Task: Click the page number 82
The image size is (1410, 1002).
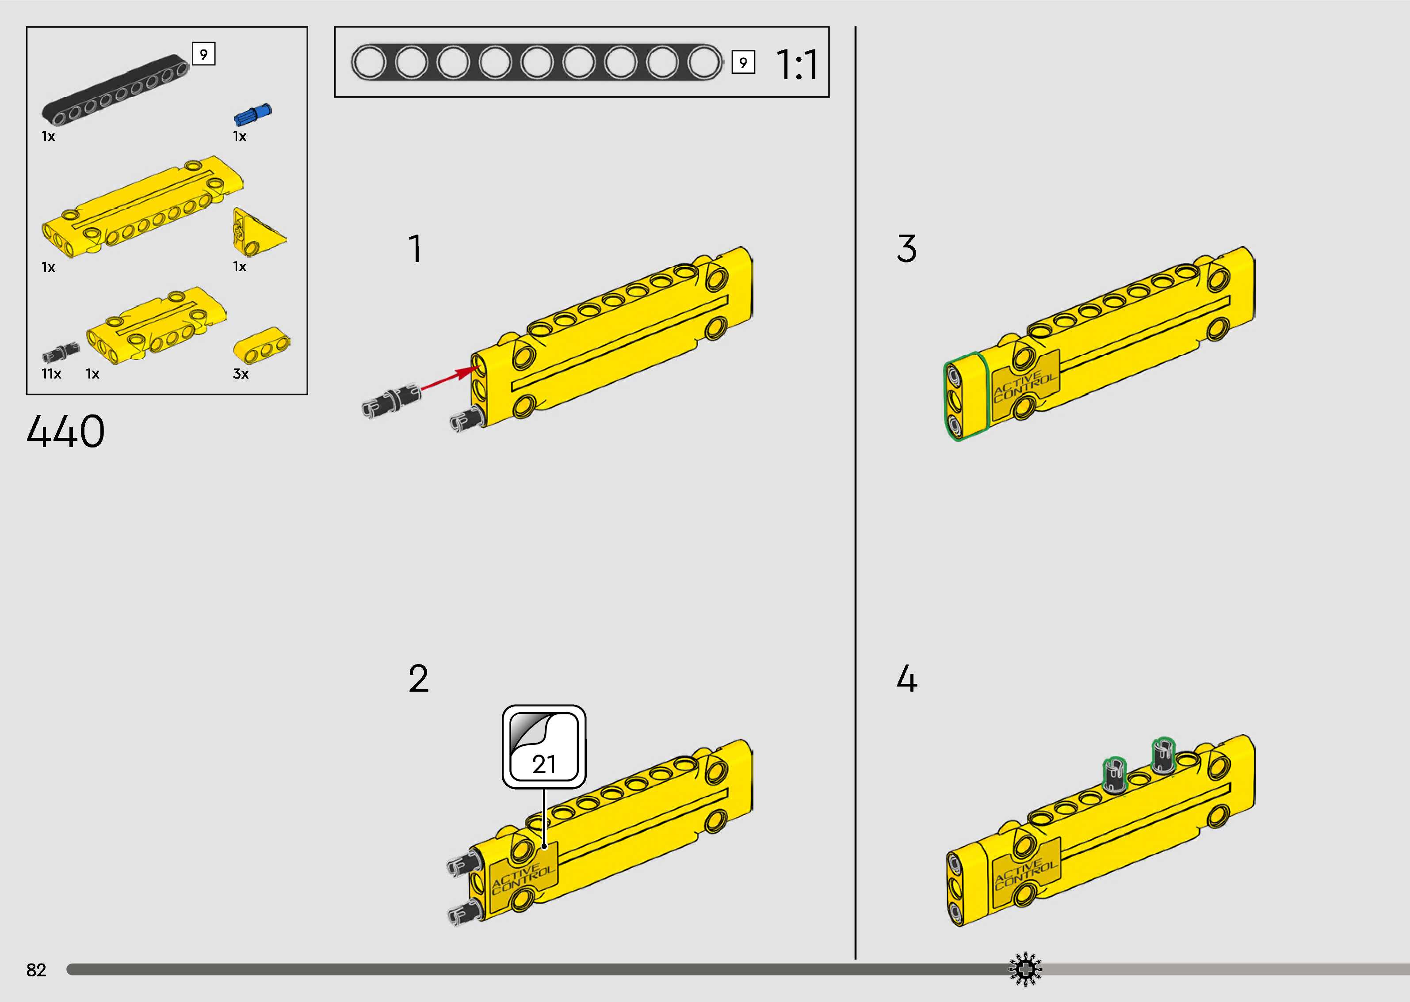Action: coord(36,970)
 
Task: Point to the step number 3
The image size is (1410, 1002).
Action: coord(906,249)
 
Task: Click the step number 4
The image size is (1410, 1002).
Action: coord(906,679)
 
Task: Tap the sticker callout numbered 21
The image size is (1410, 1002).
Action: coord(543,747)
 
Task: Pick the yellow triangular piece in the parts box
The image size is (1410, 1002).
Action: coord(256,232)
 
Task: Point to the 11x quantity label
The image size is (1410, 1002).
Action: coord(51,374)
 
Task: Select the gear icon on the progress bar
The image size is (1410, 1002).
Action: coord(1025,969)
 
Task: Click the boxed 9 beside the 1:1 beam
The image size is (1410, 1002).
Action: coord(743,62)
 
